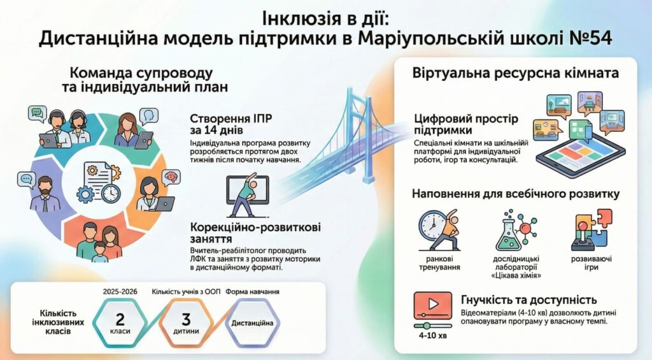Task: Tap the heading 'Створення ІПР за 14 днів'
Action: click(x=231, y=124)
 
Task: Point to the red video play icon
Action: click(x=433, y=305)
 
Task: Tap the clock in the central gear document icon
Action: click(x=111, y=194)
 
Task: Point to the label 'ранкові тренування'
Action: click(x=439, y=263)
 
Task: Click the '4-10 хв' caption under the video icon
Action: click(x=433, y=335)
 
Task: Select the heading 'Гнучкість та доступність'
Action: click(x=529, y=299)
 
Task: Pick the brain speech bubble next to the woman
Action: click(x=171, y=177)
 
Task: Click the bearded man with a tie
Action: click(x=44, y=194)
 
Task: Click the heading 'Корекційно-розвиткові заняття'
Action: click(x=255, y=233)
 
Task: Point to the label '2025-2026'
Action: click(x=120, y=292)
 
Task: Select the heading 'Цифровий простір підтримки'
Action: click(x=466, y=124)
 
